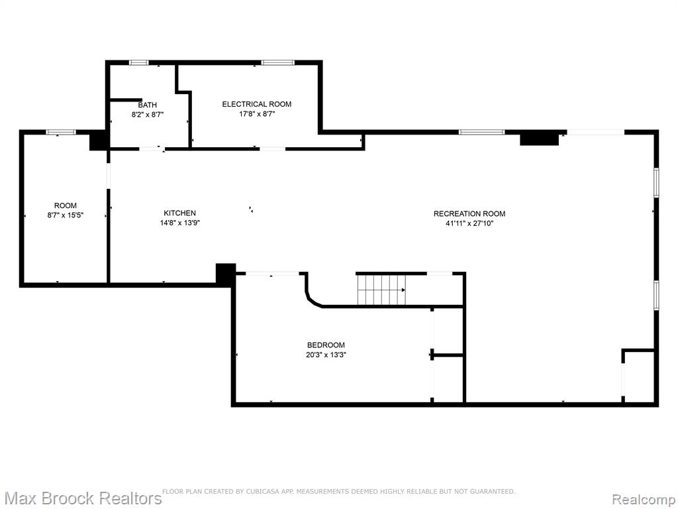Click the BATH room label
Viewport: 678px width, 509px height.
point(147,105)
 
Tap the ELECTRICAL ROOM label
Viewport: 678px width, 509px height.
point(257,104)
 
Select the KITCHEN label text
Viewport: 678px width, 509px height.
point(179,213)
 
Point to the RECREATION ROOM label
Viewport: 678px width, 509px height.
point(469,213)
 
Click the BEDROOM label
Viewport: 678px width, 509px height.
point(326,345)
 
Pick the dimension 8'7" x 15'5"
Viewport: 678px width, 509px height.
point(66,215)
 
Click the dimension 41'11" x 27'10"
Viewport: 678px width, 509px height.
point(469,223)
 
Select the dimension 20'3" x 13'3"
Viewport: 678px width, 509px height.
point(326,355)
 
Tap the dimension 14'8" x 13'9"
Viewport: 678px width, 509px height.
point(180,223)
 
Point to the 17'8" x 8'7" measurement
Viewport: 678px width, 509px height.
point(258,114)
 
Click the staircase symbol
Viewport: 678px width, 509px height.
point(381,290)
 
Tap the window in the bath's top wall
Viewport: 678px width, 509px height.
point(139,63)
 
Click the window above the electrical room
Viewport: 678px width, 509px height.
point(277,63)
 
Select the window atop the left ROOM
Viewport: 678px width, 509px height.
point(61,133)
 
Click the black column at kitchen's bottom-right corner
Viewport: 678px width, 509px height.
point(226,274)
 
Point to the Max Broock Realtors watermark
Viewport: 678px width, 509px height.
point(81,498)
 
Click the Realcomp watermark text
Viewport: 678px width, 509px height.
point(644,499)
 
